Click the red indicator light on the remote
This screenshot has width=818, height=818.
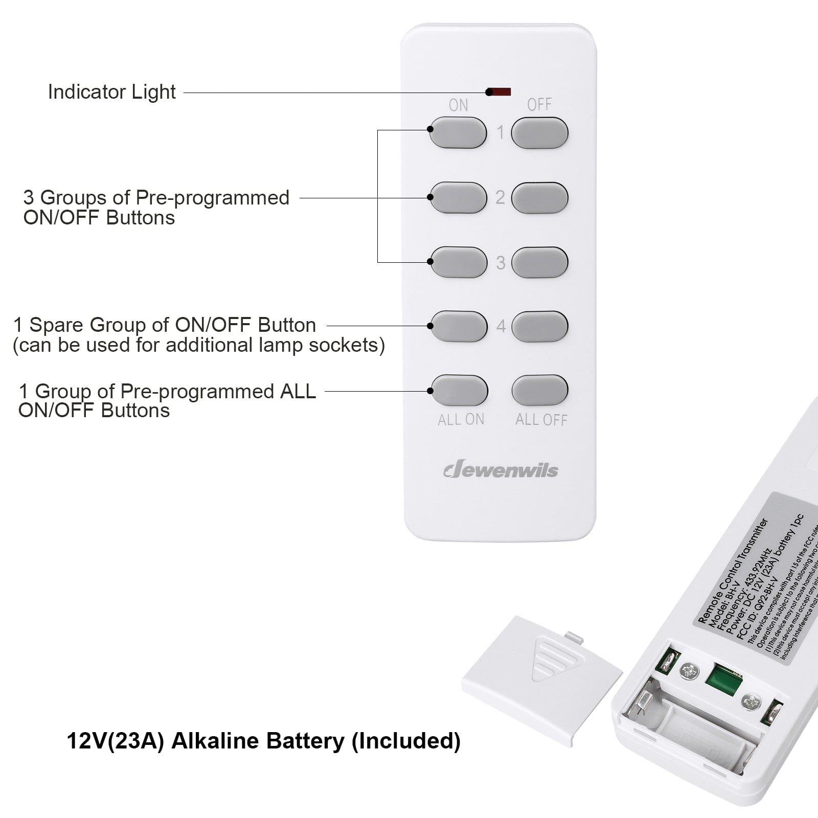[499, 92]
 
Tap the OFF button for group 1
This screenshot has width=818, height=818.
[539, 133]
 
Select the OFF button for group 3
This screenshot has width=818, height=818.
[539, 262]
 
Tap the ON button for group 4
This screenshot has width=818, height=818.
[459, 326]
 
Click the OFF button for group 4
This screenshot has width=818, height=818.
[539, 326]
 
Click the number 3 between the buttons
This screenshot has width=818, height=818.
[501, 263]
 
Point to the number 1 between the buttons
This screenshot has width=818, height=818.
[501, 133]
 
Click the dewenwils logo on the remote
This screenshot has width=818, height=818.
[501, 470]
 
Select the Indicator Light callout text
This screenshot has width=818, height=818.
[111, 92]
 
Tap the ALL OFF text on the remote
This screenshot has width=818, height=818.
[541, 420]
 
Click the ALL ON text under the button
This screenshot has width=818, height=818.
[461, 420]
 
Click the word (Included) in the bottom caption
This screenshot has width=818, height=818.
[406, 741]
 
